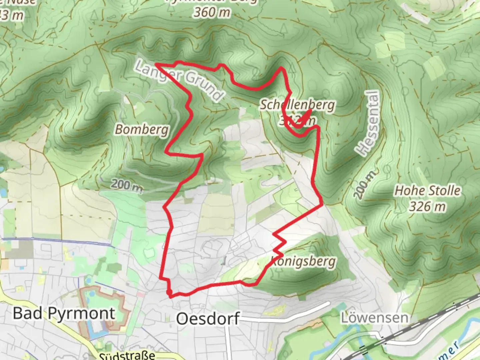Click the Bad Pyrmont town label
click(x=64, y=314)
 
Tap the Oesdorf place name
click(x=207, y=319)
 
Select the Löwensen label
click(x=374, y=318)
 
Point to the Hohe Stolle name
click(x=427, y=191)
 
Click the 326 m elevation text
click(x=427, y=207)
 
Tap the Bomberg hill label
click(x=142, y=129)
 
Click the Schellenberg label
click(x=297, y=105)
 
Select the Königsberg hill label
click(x=304, y=262)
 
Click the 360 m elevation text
click(x=212, y=13)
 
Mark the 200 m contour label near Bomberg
click(x=127, y=185)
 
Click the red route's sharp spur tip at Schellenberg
click(x=311, y=110)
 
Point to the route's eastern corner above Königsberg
click(x=322, y=204)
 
